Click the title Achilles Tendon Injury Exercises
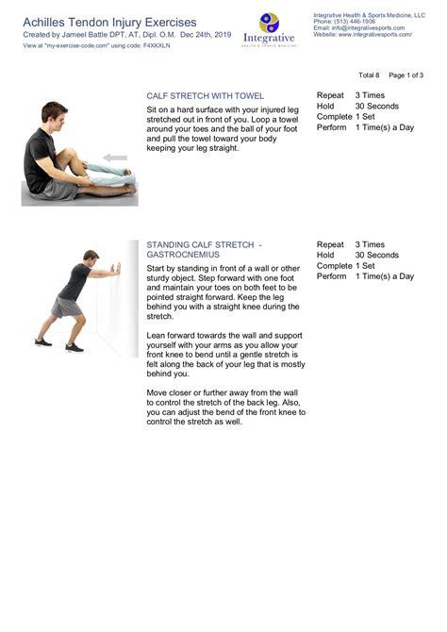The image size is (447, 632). [109, 21]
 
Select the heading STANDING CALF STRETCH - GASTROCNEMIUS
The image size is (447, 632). [204, 249]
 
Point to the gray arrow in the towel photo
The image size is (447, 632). [115, 158]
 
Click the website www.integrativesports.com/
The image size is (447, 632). [374, 34]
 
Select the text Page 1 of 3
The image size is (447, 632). [406, 75]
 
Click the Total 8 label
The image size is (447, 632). [369, 75]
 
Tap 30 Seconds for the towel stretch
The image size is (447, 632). [376, 106]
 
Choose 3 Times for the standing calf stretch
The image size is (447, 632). [370, 244]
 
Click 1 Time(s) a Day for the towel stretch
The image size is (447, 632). [384, 126]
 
